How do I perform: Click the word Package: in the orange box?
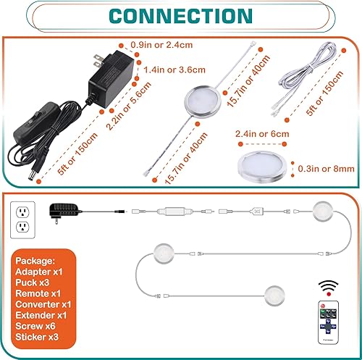(36, 260)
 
